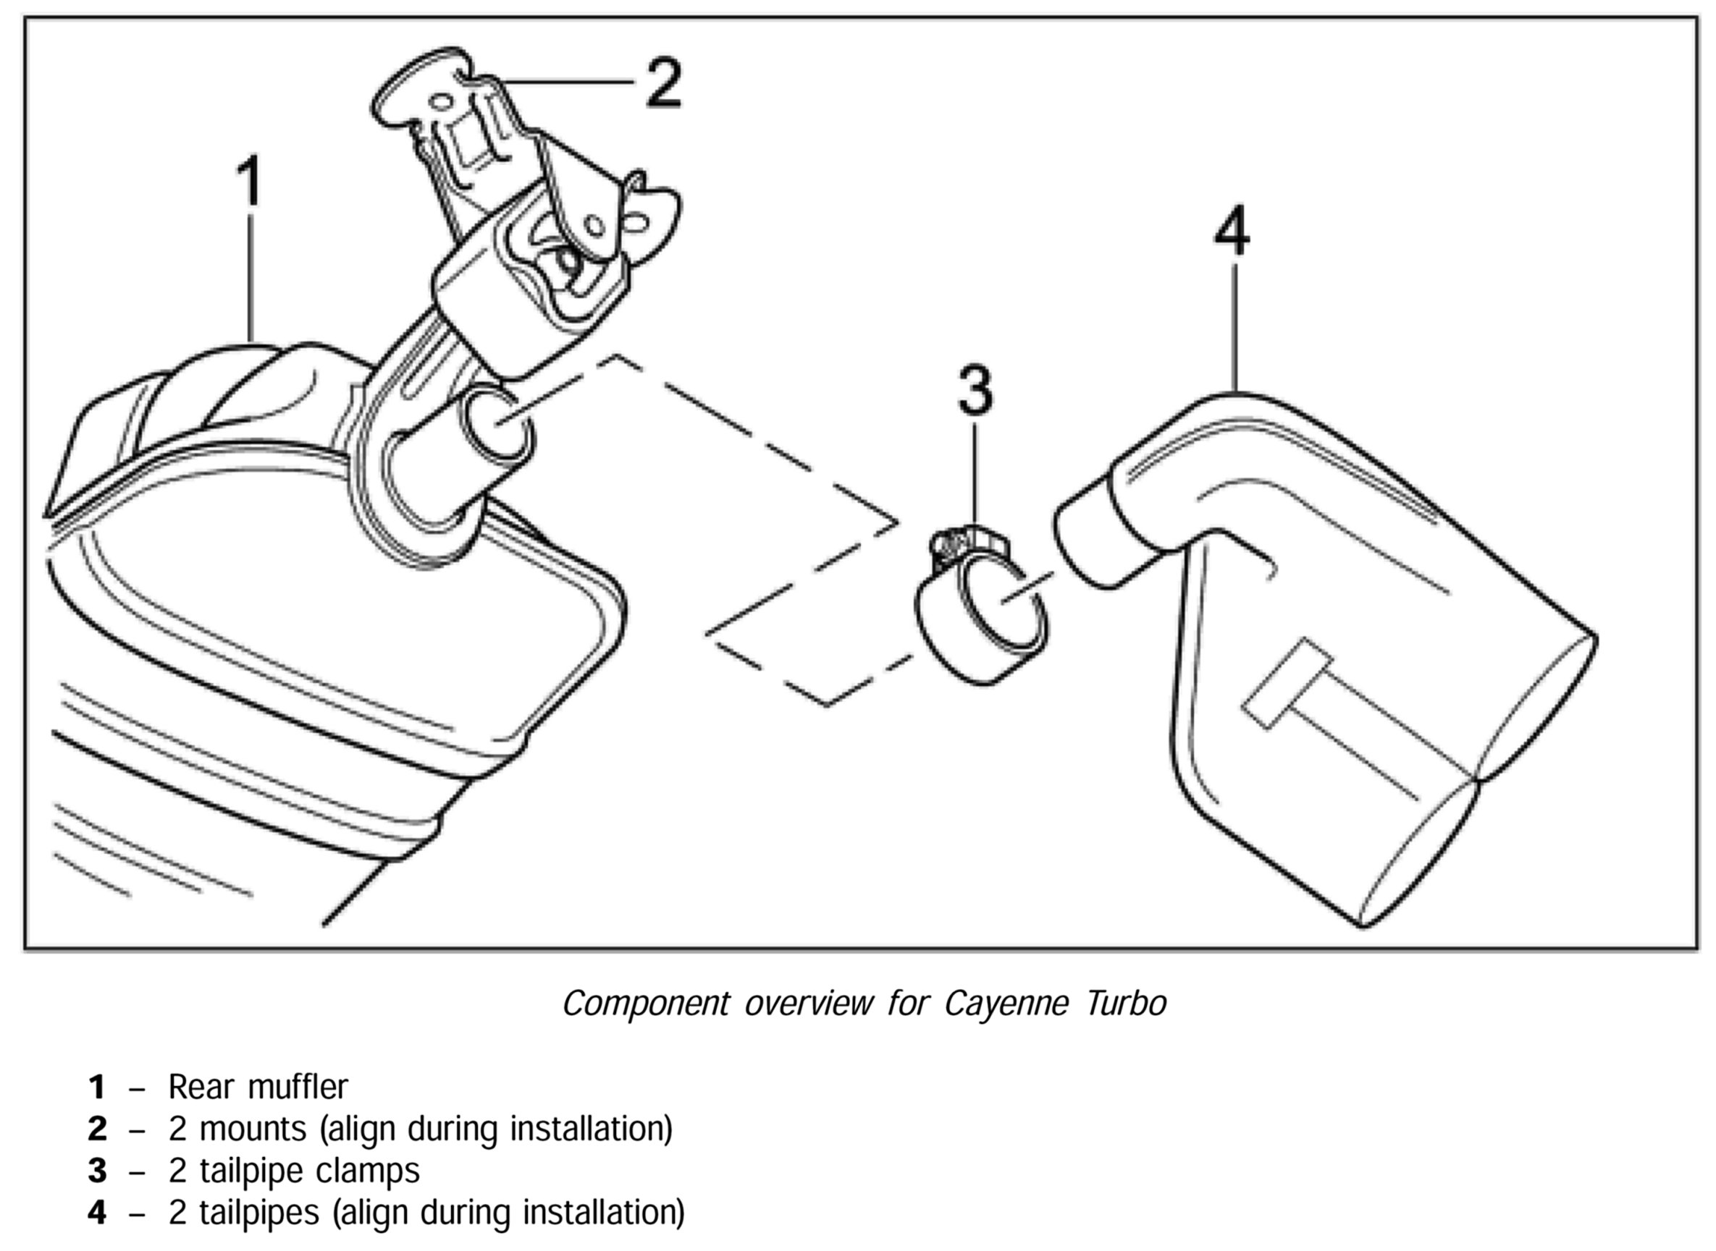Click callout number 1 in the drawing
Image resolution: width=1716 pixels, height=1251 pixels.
click(249, 181)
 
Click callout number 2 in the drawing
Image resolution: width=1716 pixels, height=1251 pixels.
click(664, 83)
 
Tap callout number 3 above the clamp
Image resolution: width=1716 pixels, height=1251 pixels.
click(975, 391)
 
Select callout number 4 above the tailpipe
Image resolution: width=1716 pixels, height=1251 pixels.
click(1231, 231)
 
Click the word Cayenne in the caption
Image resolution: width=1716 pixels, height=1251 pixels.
click(1008, 1004)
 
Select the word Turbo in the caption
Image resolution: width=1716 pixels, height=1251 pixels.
click(1126, 1004)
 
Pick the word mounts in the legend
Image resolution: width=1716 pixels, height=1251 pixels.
click(253, 1129)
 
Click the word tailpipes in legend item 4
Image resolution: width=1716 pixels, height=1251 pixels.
click(259, 1213)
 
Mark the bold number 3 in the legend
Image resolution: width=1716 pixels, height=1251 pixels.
click(97, 1171)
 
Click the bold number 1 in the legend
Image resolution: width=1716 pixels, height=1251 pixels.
click(97, 1087)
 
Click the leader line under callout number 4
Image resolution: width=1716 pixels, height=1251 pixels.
click(1235, 326)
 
